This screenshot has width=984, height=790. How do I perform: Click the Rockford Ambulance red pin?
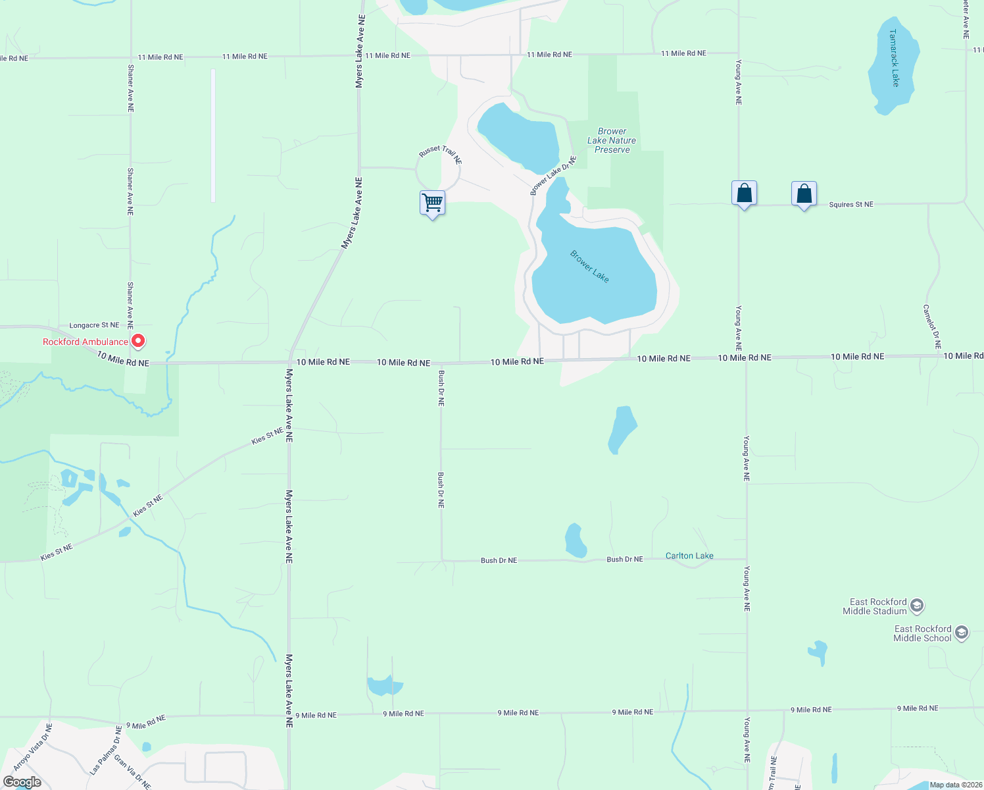pyautogui.click(x=138, y=341)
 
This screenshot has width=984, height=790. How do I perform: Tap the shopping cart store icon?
pyautogui.click(x=432, y=203)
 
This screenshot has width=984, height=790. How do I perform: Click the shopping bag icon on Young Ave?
pyautogui.click(x=744, y=194)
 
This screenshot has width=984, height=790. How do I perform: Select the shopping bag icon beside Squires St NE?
pyautogui.click(x=804, y=194)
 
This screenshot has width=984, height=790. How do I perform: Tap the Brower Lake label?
pyautogui.click(x=589, y=266)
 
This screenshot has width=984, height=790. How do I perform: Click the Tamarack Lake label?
pyautogui.click(x=894, y=58)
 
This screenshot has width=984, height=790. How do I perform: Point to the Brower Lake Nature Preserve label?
pyautogui.click(x=612, y=140)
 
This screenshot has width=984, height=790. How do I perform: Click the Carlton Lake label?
pyautogui.click(x=689, y=556)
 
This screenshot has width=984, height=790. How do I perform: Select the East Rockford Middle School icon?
pyautogui.click(x=962, y=633)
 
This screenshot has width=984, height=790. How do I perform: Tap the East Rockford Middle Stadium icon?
pyautogui.click(x=917, y=606)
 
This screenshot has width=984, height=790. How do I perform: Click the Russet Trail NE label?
pyautogui.click(x=441, y=155)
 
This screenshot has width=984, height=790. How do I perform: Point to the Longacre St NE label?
pyautogui.click(x=95, y=325)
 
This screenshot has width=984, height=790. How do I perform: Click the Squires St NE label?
pyautogui.click(x=851, y=205)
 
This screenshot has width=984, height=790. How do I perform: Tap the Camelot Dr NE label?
pyautogui.click(x=932, y=327)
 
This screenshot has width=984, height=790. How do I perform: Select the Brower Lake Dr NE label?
pyautogui.click(x=553, y=176)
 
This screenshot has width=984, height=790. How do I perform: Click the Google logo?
pyautogui.click(x=22, y=782)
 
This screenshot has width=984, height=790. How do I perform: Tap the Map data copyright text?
pyautogui.click(x=956, y=785)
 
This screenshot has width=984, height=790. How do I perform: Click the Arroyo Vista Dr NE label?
pyautogui.click(x=32, y=747)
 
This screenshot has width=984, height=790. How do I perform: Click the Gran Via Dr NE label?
pyautogui.click(x=132, y=772)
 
